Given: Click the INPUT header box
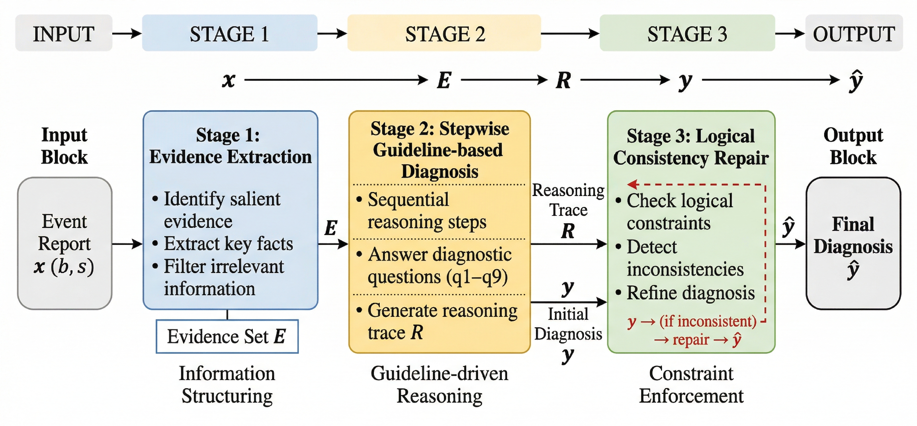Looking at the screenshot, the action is pyautogui.click(x=64, y=33).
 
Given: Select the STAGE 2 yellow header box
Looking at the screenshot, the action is pyautogui.click(x=444, y=33).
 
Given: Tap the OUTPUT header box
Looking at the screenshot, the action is pyautogui.click(x=854, y=33).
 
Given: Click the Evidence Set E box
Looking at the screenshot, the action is pyautogui.click(x=227, y=336).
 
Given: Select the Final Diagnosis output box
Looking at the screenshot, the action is pyautogui.click(x=853, y=243).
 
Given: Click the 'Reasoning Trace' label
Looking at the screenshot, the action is pyautogui.click(x=568, y=200).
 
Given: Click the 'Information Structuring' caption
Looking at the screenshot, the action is pyautogui.click(x=227, y=385).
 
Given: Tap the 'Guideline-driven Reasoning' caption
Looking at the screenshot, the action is pyautogui.click(x=440, y=385).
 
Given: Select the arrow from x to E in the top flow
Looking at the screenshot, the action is pyautogui.click(x=336, y=79).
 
